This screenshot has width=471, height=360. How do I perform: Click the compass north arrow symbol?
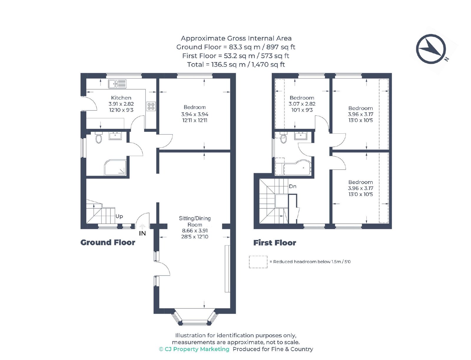tap(431, 49)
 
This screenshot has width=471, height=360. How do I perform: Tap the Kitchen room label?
tap(121, 98)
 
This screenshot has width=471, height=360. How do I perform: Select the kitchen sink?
tap(117, 84)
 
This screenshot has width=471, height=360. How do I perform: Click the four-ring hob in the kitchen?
tap(151, 106)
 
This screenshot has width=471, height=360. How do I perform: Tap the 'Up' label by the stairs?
tap(119, 216)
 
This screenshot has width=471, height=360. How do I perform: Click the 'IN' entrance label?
tap(142, 233)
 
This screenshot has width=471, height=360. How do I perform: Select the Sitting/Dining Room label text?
tap(195, 221)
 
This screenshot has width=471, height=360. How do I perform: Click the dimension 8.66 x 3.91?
tap(195, 231)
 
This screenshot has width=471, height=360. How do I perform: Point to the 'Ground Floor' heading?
tap(108, 243)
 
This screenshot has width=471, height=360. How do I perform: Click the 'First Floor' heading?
tap(275, 243)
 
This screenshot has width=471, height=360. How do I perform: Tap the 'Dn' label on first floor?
tap(293, 186)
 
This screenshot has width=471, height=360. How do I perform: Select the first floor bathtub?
tap(297, 167)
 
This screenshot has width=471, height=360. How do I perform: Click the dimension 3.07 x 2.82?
tap(302, 104)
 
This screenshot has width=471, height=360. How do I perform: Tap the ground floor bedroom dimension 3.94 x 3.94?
tap(195, 114)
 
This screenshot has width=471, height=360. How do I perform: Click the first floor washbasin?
tap(301, 136)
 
